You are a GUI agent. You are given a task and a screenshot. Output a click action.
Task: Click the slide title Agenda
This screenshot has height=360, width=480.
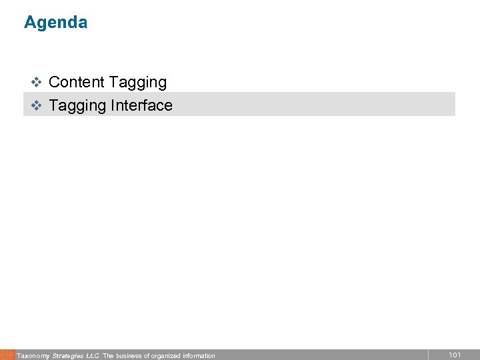55,23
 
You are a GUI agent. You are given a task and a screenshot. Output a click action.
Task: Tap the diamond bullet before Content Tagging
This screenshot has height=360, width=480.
37,83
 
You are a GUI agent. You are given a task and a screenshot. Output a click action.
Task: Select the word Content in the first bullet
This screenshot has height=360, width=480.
77,83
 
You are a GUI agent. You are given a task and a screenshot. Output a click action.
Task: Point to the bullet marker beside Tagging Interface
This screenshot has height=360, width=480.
37,105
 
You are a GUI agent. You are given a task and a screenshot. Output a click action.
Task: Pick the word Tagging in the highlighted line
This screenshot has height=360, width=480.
77,106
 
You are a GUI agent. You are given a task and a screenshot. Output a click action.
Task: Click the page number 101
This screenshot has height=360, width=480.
455,355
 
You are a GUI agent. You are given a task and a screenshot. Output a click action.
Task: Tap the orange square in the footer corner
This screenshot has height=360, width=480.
7,355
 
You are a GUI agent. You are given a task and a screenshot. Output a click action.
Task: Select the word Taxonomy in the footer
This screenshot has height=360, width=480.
33,356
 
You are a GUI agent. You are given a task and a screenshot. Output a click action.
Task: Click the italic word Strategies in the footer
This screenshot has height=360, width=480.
67,356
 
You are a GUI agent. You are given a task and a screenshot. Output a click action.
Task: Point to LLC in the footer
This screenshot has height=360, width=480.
93,356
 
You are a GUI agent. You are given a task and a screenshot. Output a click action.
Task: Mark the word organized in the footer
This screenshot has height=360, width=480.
166,356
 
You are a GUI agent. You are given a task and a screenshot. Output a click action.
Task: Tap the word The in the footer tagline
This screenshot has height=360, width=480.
108,356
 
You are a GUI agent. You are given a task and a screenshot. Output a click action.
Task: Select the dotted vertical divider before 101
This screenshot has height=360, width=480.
428,355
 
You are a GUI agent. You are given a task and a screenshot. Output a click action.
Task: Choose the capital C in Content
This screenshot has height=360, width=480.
55,83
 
